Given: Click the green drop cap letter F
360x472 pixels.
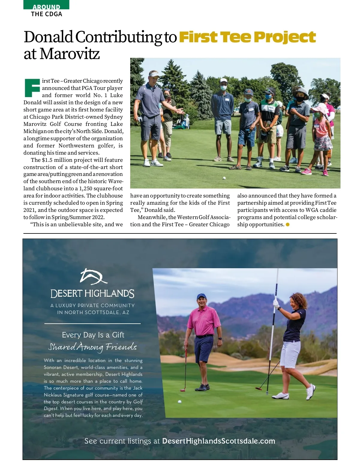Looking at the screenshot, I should [x=32, y=88].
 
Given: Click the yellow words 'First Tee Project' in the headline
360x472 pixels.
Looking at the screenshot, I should [x=247, y=37].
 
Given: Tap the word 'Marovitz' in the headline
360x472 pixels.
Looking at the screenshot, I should [x=70, y=54].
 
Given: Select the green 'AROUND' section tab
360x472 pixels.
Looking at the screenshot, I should [x=46, y=6].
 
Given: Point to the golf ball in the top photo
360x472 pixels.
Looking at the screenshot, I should [x=224, y=178].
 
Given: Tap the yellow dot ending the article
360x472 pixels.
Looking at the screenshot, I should [x=288, y=224].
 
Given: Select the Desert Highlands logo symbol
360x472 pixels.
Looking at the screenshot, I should [x=93, y=276].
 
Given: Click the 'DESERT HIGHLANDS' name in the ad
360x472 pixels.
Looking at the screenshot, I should [x=92, y=294].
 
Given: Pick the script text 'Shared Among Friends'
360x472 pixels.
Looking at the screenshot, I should [x=92, y=347].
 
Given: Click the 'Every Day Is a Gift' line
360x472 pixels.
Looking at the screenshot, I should [x=93, y=335].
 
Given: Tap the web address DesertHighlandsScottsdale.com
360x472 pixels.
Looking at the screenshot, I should [x=218, y=441].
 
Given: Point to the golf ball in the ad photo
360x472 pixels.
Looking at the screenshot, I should [x=180, y=402].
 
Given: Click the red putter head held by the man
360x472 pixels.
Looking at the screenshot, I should [x=182, y=390].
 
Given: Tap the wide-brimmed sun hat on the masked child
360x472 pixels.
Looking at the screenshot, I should [x=301, y=92].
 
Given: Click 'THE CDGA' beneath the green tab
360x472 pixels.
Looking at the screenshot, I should [x=46, y=14].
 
